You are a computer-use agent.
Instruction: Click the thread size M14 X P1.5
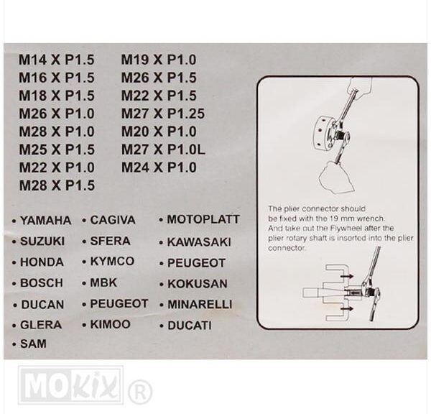click(56, 60)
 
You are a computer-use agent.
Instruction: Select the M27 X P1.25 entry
click(163, 114)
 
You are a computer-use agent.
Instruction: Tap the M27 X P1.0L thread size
click(163, 149)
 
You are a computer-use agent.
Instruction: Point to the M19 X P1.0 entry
click(159, 60)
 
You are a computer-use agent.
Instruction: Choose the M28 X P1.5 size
click(57, 185)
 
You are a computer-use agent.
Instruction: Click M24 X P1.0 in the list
click(159, 167)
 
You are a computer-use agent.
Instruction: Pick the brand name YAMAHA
click(46, 221)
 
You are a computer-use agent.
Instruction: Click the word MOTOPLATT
click(203, 219)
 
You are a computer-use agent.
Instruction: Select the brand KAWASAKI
click(199, 242)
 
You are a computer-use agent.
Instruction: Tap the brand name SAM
click(33, 344)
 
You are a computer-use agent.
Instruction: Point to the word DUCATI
click(190, 326)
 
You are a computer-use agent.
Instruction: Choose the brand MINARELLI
click(200, 304)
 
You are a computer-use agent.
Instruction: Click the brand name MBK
click(103, 282)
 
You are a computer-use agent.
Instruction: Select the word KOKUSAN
click(198, 284)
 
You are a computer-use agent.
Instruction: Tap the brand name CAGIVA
click(113, 220)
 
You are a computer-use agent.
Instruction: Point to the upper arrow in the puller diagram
click(347, 275)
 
